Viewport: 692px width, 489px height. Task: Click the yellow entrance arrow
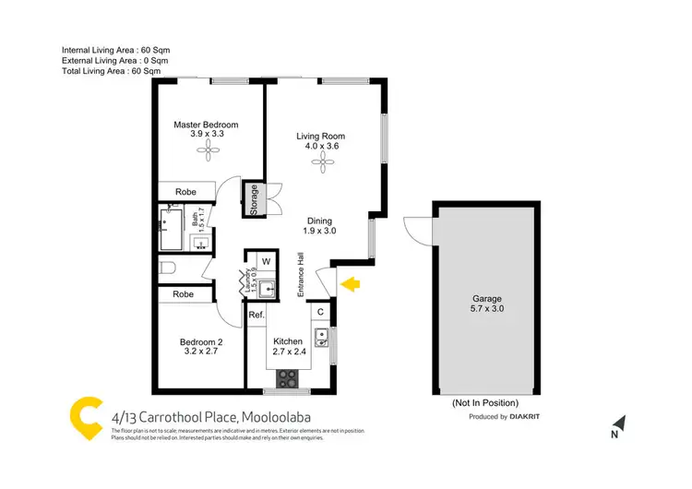(350, 284)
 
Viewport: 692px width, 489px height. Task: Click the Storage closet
(254, 200)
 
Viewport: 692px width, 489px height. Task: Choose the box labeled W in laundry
(267, 260)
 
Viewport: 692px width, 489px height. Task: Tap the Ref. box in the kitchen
(257, 316)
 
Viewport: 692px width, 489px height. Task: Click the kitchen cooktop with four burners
(288, 378)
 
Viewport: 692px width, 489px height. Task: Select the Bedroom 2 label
(200, 347)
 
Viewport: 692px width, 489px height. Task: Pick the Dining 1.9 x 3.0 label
(319, 226)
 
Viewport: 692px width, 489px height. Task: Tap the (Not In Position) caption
(483, 404)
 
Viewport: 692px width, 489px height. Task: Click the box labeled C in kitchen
(320, 311)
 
